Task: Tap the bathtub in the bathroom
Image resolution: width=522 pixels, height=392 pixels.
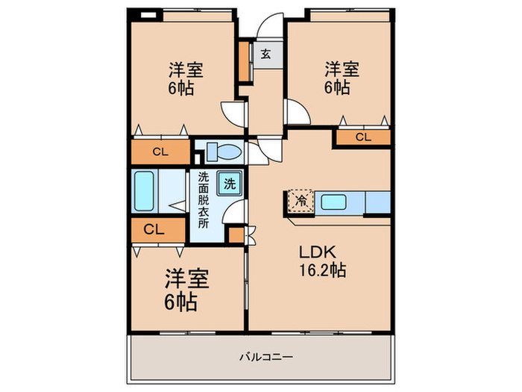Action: (144, 191)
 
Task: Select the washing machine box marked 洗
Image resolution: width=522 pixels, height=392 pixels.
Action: (230, 183)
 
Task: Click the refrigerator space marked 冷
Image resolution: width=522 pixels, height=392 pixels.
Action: (301, 201)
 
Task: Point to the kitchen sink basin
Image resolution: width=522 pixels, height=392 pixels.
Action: (333, 202)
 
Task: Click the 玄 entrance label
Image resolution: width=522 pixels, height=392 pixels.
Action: (265, 54)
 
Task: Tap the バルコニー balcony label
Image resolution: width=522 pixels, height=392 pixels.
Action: (267, 358)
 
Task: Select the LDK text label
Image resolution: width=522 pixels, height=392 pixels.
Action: (317, 252)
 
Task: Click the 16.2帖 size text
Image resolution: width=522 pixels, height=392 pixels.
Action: (323, 270)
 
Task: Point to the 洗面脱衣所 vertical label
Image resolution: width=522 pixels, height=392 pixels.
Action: (203, 200)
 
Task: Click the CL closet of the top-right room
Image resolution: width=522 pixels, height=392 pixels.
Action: (363, 137)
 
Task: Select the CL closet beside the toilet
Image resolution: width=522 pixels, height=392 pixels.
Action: (160, 152)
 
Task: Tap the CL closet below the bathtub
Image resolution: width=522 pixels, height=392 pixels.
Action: (158, 230)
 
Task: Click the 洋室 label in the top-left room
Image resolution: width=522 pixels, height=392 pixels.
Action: (186, 69)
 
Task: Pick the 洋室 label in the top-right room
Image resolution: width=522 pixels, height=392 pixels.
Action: (342, 69)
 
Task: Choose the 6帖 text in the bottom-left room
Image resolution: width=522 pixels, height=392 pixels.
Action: (180, 302)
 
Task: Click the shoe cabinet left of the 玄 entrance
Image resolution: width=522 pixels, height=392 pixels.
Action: (245, 61)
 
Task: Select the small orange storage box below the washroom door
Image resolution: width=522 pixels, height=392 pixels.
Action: (236, 235)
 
